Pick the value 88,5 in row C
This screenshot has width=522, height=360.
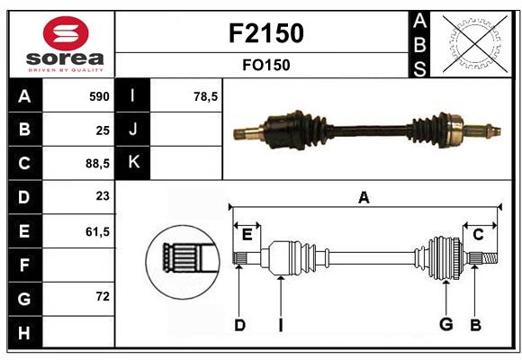coord(95,164)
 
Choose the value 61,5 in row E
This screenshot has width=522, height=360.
coord(95,231)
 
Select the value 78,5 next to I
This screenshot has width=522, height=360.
coord(206,96)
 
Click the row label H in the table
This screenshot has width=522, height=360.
coord(24,333)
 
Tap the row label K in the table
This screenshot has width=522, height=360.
coord(133,163)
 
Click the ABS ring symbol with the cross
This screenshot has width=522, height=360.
coord(472,44)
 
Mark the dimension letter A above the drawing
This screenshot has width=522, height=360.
coord(364,198)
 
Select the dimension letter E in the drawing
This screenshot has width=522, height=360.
coord(247,235)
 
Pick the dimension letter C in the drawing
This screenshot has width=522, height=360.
coord(478,235)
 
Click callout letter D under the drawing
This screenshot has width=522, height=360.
coord(239,326)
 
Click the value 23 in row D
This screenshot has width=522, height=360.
coord(102,197)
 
